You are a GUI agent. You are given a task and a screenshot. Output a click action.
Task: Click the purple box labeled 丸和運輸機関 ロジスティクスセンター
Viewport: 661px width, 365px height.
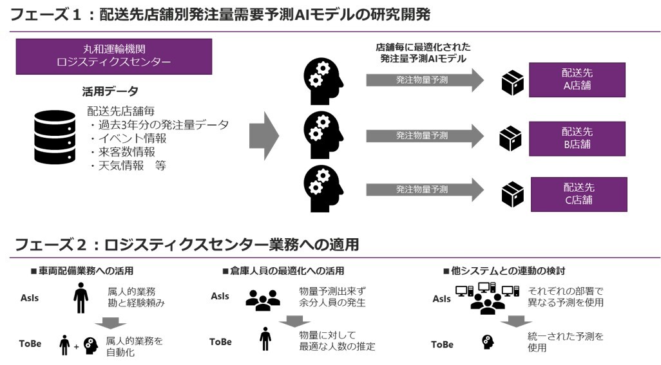[113, 56]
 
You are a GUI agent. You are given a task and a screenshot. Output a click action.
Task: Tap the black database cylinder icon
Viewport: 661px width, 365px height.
[55, 136]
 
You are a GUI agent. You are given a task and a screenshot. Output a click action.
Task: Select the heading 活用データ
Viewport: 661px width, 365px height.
[110, 91]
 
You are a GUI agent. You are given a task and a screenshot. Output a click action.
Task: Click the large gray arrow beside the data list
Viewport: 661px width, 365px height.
[263, 136]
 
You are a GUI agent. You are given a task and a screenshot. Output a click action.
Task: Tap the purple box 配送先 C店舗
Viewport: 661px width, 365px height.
[578, 194]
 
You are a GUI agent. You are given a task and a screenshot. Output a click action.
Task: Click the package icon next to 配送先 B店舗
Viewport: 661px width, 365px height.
[512, 138]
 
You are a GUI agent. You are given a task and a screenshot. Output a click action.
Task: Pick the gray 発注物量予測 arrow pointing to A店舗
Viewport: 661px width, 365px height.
[424, 80]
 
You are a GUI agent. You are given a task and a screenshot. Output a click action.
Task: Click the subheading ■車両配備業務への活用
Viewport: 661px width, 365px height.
[82, 271]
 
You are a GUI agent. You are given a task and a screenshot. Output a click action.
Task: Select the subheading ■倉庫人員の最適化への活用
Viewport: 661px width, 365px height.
[283, 271]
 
